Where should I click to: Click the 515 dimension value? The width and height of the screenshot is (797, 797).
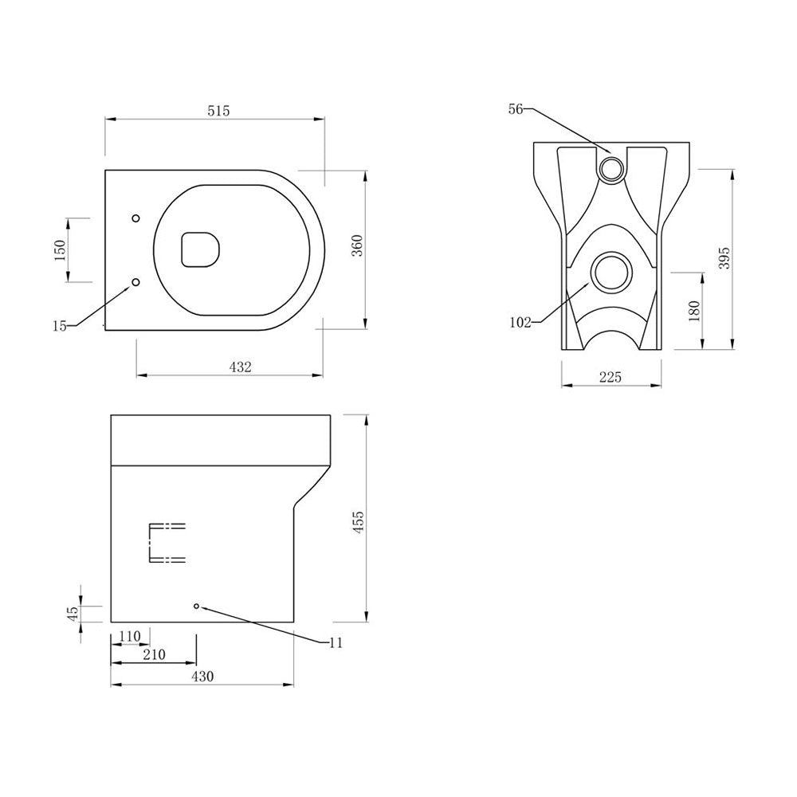point(218,112)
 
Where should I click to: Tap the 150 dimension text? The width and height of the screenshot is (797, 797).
point(59,249)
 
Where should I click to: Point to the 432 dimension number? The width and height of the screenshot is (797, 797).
point(240,367)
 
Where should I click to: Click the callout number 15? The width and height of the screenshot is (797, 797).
point(60,324)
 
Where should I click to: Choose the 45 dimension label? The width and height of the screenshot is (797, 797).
point(73,614)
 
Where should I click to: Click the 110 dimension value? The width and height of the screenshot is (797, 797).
point(128,635)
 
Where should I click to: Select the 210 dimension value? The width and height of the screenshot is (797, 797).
point(153,655)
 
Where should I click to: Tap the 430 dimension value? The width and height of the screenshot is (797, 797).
point(202,677)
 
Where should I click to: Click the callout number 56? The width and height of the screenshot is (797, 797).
point(515,110)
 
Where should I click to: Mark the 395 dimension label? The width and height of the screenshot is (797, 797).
point(724,257)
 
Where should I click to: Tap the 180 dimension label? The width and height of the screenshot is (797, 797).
point(693,310)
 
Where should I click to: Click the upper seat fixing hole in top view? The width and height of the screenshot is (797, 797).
point(135,218)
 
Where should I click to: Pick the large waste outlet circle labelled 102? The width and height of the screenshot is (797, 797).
point(612,273)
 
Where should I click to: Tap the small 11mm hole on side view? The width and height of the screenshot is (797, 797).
point(196,606)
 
